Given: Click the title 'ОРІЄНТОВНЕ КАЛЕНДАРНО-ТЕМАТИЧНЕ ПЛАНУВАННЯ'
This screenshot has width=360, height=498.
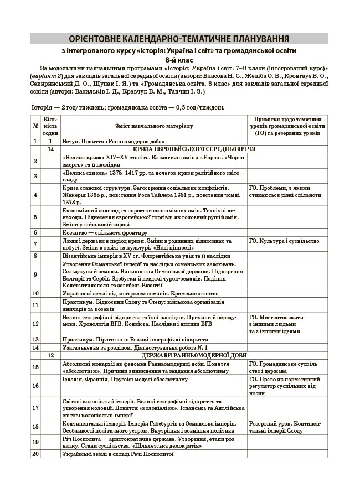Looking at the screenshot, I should point(179,39).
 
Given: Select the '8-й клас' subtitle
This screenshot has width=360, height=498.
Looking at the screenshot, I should point(179,60).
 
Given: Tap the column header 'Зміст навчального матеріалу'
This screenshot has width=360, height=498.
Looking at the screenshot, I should point(154,126).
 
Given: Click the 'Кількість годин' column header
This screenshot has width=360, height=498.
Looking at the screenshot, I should point(50,126).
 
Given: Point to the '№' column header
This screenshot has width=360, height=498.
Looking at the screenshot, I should point(35,126).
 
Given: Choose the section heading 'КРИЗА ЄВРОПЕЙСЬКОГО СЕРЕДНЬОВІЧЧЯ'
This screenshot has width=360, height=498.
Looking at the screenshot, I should point(194,149).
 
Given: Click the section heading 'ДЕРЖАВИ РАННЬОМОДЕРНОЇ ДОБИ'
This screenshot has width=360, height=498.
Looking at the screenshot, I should point(194,355).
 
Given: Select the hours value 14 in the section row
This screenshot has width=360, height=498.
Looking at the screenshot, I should point(50,149).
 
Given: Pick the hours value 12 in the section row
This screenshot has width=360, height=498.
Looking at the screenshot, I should point(50,355).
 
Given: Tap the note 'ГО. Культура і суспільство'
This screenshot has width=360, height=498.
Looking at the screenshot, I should point(284,241).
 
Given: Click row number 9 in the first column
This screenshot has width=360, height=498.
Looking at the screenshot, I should point(35,274).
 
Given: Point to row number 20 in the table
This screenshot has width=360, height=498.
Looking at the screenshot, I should point(35,454).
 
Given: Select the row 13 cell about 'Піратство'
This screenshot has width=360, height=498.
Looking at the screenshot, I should point(135,339).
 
